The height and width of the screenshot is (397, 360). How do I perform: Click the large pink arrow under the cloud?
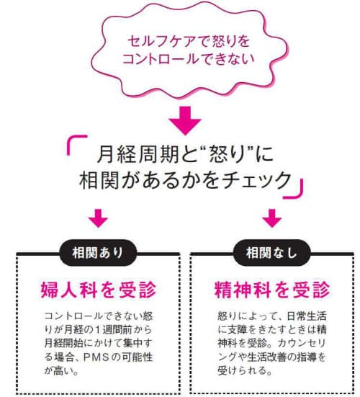pyautogui.click(x=185, y=120)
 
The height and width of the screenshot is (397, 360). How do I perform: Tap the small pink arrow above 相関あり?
pyautogui.click(x=98, y=218)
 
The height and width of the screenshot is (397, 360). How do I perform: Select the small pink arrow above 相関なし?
pyautogui.click(x=272, y=218)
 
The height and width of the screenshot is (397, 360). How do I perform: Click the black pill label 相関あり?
pyautogui.click(x=98, y=253)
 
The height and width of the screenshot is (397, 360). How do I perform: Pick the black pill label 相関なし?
pyautogui.click(x=271, y=253)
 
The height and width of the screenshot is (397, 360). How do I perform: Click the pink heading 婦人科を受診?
pyautogui.click(x=99, y=290)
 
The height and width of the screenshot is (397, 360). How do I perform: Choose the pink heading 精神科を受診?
pyautogui.click(x=272, y=290)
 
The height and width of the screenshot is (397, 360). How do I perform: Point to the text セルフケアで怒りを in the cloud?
pyautogui.click(x=189, y=41)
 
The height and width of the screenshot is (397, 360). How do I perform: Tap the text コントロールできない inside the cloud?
pyautogui.click(x=189, y=59)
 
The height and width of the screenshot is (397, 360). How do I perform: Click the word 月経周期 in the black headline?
pyautogui.click(x=138, y=154)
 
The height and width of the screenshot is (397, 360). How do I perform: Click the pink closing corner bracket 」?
pyautogui.click(x=293, y=188)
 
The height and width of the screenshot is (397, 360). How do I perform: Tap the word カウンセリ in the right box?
pyautogui.click(x=301, y=344)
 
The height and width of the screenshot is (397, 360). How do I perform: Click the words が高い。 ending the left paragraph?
pyautogui.click(x=61, y=371)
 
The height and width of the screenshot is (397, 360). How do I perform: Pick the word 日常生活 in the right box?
pyautogui.click(x=307, y=316)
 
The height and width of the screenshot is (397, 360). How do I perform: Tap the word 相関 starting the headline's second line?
pyautogui.click(x=99, y=180)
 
